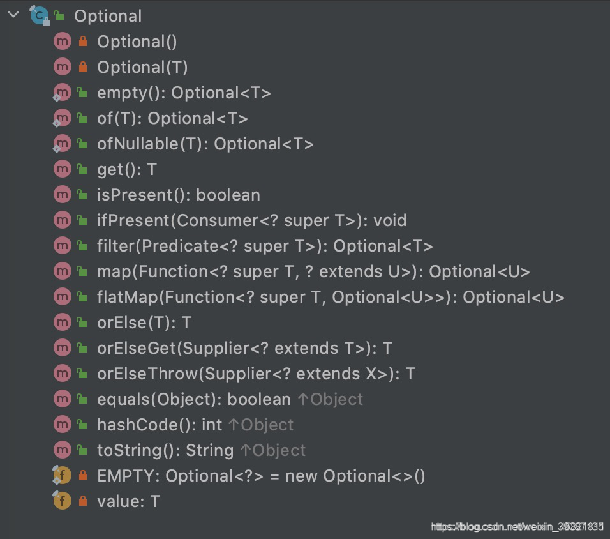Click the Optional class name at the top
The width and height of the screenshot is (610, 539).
pos(108,16)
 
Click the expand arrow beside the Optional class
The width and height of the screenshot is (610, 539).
pos(13,14)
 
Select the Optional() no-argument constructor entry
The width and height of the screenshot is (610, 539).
pos(137,42)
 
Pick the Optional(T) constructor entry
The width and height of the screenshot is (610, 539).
pos(142,67)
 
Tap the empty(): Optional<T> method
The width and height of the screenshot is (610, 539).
pos(184,93)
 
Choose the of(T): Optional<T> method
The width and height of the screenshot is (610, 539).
pos(172,118)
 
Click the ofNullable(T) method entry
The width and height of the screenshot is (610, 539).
pos(205,144)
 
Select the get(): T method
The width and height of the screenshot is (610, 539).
pos(126,169)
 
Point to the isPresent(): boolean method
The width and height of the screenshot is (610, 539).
pos(178,195)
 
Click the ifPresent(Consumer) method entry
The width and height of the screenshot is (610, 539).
pos(251,220)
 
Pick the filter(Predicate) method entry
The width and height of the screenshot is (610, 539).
pos(265,246)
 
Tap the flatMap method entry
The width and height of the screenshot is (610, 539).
pos(331,297)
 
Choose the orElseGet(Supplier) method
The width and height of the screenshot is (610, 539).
pos(244,348)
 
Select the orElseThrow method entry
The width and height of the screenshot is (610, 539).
pos(256,374)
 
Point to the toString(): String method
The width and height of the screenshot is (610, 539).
pos(165,450)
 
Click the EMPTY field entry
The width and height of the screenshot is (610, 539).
pos(261,476)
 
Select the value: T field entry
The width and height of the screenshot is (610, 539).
pos(128,501)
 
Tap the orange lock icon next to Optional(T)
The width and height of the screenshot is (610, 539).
pos(82,67)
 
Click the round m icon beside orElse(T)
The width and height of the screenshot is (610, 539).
pos(62,323)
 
